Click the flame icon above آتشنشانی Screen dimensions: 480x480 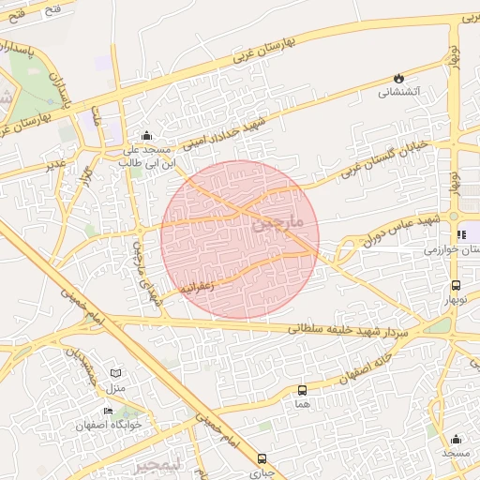click(x=399, y=78)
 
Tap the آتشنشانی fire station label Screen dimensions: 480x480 click(x=400, y=93)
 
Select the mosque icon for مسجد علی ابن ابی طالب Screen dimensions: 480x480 click(x=144, y=136)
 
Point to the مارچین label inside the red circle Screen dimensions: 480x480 click(x=279, y=222)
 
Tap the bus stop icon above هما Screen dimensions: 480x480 click(x=302, y=390)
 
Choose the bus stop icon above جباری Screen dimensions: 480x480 click(x=261, y=459)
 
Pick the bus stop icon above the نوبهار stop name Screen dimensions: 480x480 click(x=456, y=285)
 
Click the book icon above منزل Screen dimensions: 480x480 click(x=116, y=373)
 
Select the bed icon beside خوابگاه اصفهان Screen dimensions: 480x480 click(x=108, y=411)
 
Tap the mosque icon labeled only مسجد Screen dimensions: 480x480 click(x=456, y=439)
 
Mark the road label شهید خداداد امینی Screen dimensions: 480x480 click(x=225, y=130)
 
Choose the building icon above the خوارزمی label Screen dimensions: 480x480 click(x=459, y=234)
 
